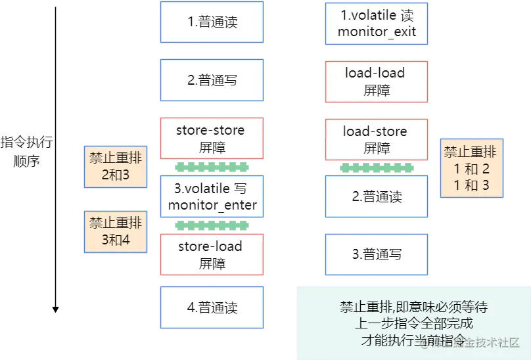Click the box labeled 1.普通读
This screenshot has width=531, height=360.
coord(212,22)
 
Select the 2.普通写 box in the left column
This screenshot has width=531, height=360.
coord(212,80)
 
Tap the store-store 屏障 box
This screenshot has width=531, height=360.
coord(212,138)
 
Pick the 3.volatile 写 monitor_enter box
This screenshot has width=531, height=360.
coord(212,197)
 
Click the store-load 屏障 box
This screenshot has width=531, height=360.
coord(212,254)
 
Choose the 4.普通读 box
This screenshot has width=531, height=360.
coord(212,307)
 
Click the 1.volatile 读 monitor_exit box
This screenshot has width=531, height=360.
coord(377,23)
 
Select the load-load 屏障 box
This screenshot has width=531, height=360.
coord(377,81)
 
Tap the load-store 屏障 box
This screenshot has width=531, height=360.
coord(377,139)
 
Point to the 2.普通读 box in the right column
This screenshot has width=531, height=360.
coord(377,196)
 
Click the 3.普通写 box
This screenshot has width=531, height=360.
coord(377,254)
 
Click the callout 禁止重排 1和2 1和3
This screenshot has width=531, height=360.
coord(471,168)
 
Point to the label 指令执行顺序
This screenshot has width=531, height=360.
coord(27,151)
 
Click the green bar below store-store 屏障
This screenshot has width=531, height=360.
coord(212,168)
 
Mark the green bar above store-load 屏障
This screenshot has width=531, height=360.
coord(212,226)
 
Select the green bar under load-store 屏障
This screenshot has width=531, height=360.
coord(377,168)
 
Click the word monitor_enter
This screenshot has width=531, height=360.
coord(212,206)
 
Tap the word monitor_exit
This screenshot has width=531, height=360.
coord(377,32)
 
